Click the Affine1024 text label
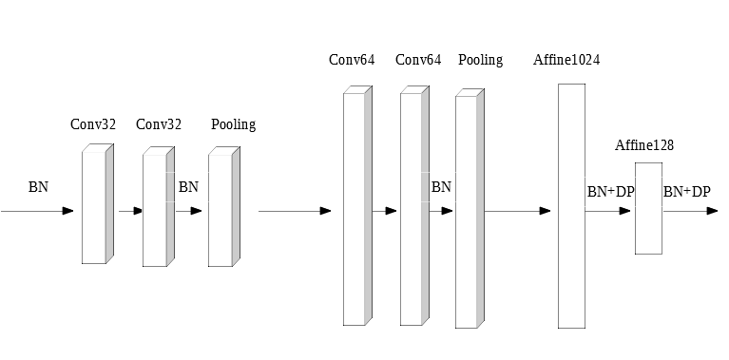[566, 60]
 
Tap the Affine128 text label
[644, 145]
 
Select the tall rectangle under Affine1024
[571, 205]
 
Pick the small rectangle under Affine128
[648, 208]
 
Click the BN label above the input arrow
[38, 187]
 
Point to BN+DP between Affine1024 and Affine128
[610, 192]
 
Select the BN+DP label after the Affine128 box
[686, 192]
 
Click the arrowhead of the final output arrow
[712, 211]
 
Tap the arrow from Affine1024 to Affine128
[608, 211]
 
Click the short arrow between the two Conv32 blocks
[130, 211]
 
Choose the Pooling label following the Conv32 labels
[233, 124]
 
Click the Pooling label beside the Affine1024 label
[480, 60]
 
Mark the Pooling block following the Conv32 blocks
[221, 206]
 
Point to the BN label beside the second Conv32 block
[188, 187]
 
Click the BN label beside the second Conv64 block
[441, 187]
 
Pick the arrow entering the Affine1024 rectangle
[518, 211]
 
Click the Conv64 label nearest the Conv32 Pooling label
[352, 60]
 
